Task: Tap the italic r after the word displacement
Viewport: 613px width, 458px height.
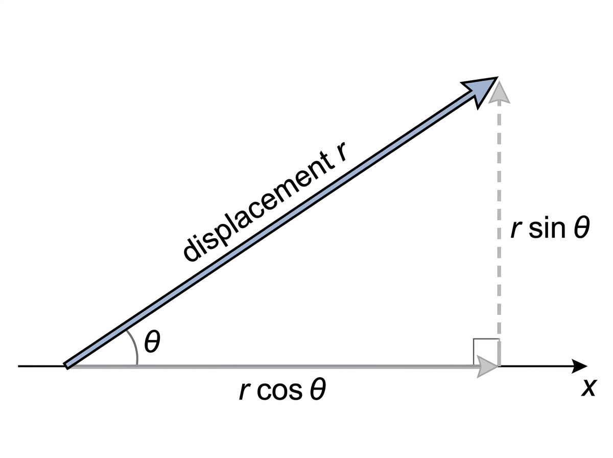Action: click(341, 152)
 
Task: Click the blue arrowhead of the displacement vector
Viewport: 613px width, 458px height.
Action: click(479, 91)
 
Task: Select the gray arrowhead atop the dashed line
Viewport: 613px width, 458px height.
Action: click(499, 91)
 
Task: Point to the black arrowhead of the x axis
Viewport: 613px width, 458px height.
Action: click(579, 366)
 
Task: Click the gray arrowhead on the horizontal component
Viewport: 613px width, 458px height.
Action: click(487, 367)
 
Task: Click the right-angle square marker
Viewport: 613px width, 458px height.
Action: click(486, 339)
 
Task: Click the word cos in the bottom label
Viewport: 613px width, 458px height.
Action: click(279, 390)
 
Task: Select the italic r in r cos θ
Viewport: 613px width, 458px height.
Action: click(245, 391)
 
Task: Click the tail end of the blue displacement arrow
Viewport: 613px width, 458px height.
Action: click(66, 366)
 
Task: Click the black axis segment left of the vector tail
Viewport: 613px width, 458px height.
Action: click(41, 366)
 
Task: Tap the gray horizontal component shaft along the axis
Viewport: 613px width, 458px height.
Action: click(274, 367)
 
